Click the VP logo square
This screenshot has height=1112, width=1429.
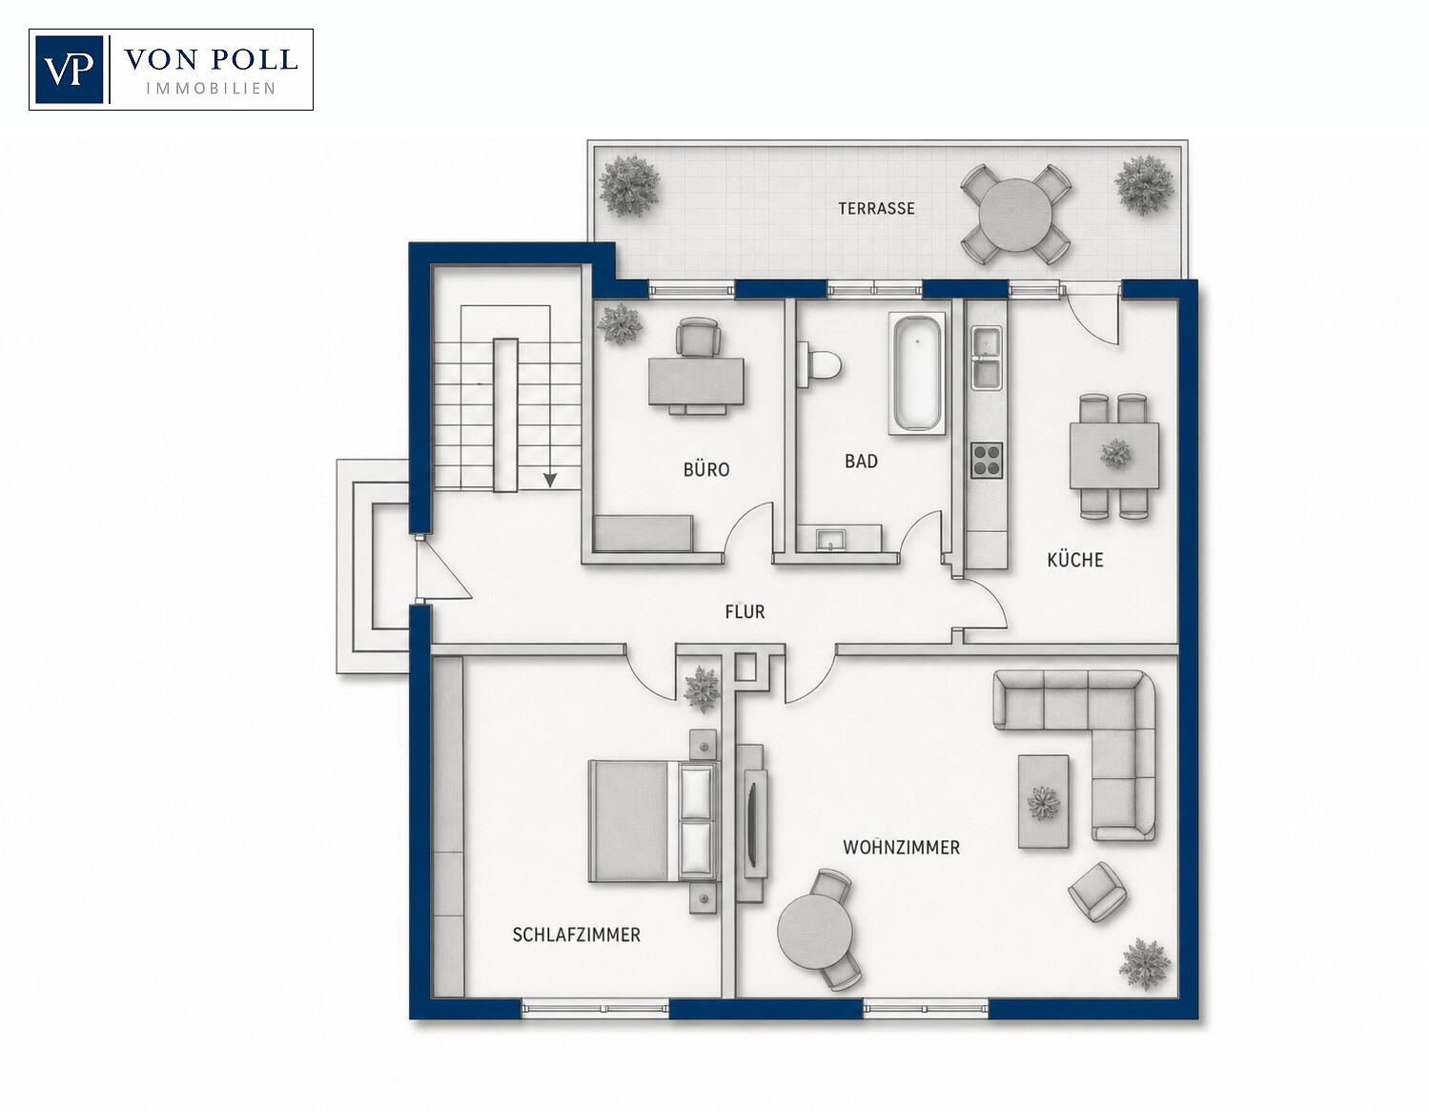69,69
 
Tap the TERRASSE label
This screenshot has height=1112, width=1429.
876,209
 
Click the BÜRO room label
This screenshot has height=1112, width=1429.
706,469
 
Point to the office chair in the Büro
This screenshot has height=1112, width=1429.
698,338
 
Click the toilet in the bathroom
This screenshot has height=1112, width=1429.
819,363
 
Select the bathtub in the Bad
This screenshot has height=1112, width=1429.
917,373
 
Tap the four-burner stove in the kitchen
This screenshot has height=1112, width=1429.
987,460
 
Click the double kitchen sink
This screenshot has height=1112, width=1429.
987,359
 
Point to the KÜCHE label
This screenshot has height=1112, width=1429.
1075,560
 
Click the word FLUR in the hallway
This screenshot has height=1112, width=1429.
745,611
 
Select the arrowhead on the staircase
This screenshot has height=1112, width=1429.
550,480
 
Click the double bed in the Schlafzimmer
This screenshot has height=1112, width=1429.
654,821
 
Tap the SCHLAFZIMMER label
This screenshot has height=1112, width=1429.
576,935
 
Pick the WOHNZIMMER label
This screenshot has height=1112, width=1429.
901,848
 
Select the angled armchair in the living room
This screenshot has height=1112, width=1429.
1096,891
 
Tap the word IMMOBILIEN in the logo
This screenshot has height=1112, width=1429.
211,89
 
